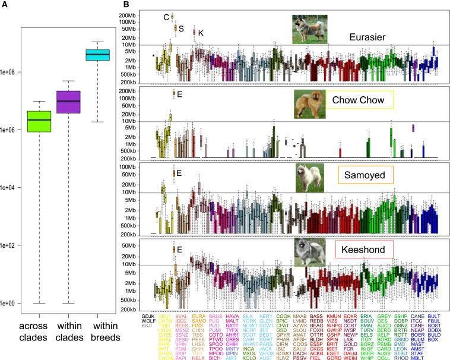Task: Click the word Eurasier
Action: tap(369, 37)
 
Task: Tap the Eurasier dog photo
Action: tap(306, 29)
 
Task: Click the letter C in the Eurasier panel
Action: tap(166, 17)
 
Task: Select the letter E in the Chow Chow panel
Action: tap(179, 94)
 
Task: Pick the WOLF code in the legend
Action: tap(148, 322)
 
